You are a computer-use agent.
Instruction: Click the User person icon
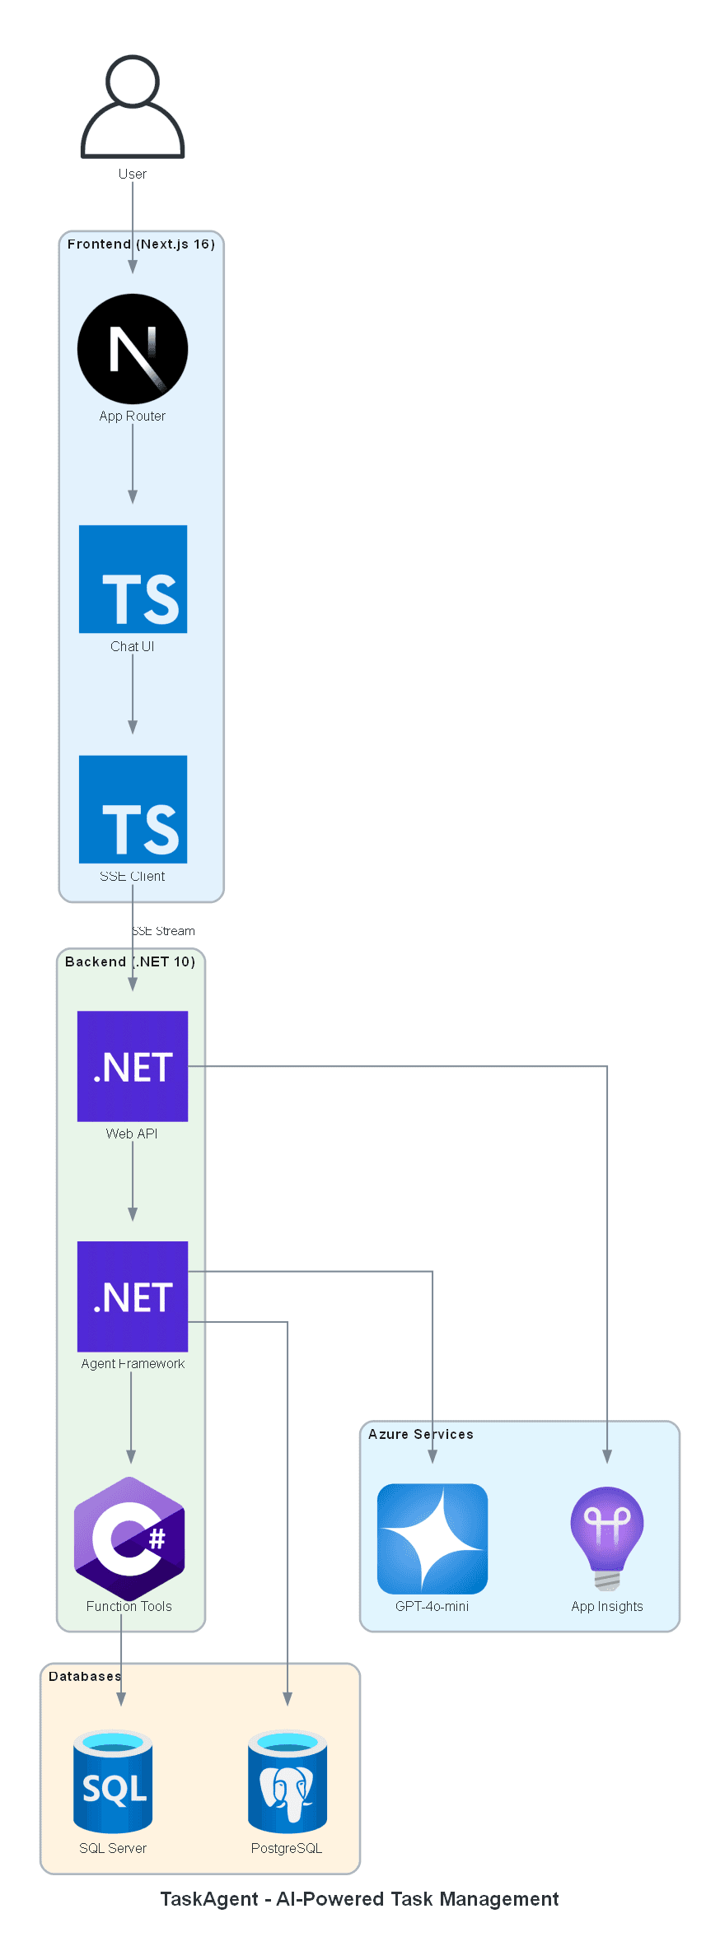coord(132,107)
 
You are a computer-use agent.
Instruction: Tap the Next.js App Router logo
coord(132,349)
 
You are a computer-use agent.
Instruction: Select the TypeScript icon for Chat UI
coord(133,579)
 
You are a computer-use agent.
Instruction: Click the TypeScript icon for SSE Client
coord(133,809)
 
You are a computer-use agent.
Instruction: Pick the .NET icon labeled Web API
coord(133,1066)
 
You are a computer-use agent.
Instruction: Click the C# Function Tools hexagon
coord(129,1537)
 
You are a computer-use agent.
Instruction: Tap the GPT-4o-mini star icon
coord(432,1539)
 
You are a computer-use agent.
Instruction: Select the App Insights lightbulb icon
coord(607,1537)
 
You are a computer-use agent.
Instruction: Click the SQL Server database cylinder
coord(113,1781)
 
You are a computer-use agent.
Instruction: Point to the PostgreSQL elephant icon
coord(288,1781)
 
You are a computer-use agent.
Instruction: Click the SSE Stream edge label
coord(164,931)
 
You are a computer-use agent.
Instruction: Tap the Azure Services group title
coord(420,1434)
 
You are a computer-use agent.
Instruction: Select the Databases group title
coord(85,1676)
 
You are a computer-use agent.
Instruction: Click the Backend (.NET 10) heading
coord(130,961)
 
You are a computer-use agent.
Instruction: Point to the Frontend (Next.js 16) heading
coord(141,244)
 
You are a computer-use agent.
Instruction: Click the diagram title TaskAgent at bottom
coord(359,1899)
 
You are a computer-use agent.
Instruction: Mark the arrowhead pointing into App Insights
coord(607,1456)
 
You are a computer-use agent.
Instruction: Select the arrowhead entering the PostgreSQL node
coord(288,1698)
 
